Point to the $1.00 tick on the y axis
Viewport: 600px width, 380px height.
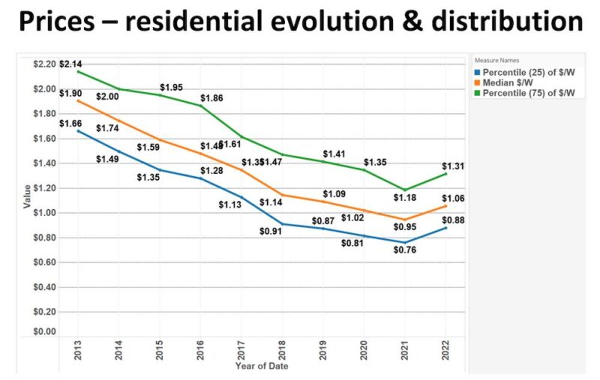pos(43,213)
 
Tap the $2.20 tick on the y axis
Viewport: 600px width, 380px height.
pos(43,64)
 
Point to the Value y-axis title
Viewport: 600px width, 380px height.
pos(28,197)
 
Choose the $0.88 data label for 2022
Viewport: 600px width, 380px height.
pos(451,220)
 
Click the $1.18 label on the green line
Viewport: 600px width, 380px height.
pos(406,199)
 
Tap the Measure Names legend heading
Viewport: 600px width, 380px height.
pos(496,60)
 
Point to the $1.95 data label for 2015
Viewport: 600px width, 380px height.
pos(172,88)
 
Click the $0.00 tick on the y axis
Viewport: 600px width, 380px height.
pos(43,331)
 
